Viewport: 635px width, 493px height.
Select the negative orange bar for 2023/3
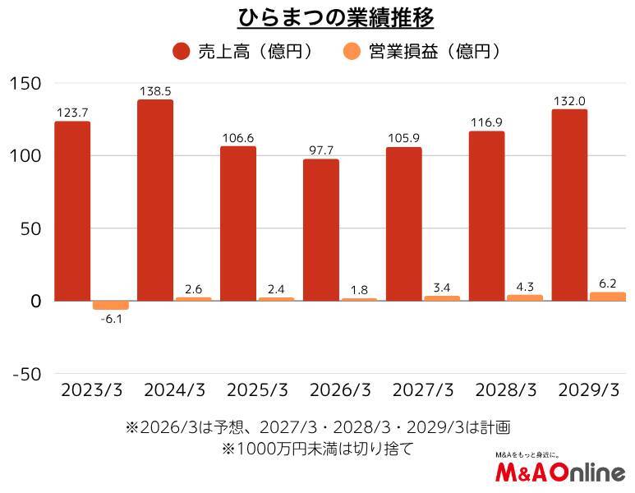[x=110, y=305]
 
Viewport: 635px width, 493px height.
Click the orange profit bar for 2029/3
[x=607, y=297]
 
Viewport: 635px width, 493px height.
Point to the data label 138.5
[x=154, y=90]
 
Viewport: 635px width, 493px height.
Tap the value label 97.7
[x=320, y=149]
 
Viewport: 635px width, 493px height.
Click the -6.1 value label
[x=110, y=320]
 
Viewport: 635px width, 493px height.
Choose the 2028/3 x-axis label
[x=505, y=390]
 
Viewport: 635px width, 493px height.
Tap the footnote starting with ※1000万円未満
[x=316, y=449]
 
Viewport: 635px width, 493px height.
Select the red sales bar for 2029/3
[x=569, y=205]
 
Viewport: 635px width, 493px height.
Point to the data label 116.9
[x=486, y=122]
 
